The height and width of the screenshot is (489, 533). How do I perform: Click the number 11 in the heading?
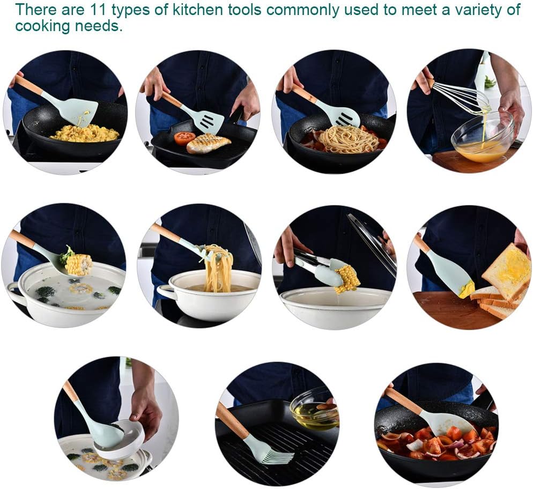(99, 10)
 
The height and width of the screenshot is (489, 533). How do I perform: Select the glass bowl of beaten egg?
(483, 137)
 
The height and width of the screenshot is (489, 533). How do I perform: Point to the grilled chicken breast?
(208, 143)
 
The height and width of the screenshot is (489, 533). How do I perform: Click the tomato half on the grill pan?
(184, 138)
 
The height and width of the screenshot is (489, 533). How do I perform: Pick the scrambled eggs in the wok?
(85, 133)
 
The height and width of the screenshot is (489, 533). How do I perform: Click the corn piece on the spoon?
(78, 264)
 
